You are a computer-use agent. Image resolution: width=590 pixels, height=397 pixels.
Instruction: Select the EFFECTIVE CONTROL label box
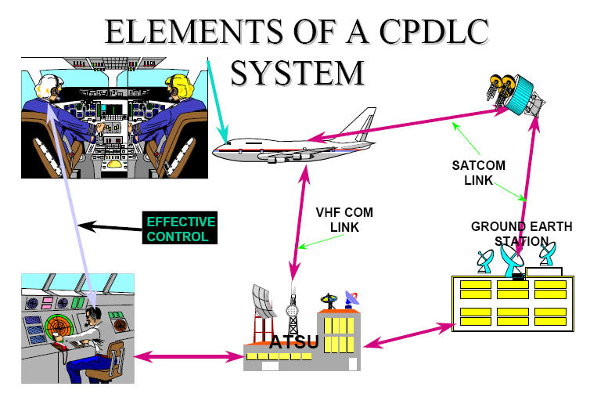(x=180, y=227)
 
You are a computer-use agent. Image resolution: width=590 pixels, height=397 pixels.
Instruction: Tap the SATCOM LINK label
(x=478, y=172)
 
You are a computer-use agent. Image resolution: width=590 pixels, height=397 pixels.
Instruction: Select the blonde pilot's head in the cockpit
(x=176, y=82)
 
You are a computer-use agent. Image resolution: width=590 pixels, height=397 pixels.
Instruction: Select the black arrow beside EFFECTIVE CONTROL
(x=110, y=227)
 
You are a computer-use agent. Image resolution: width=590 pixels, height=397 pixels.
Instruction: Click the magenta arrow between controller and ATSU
(x=188, y=357)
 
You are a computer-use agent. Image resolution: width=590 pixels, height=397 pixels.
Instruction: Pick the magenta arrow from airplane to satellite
(x=407, y=125)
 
